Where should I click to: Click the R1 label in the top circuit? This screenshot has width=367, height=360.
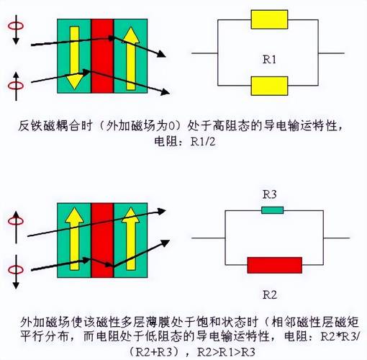point(269,59)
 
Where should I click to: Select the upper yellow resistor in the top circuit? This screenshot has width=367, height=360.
point(269,19)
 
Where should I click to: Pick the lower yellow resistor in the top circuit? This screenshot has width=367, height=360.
point(269,86)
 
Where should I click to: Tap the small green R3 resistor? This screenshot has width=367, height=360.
point(273,210)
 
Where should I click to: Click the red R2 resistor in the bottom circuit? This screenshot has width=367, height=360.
point(275,265)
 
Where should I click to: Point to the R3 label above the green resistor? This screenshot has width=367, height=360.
point(270,194)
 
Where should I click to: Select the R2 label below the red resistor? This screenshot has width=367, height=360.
point(270,294)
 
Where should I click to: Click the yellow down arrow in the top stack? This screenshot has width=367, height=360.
point(74,58)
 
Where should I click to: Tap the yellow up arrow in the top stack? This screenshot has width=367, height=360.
point(131,58)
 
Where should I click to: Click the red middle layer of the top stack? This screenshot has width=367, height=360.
point(102,56)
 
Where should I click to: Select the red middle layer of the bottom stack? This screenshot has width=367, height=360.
point(102,240)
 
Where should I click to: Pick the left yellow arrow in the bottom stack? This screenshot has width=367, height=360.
point(74,239)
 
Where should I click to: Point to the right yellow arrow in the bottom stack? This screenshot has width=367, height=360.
point(131,239)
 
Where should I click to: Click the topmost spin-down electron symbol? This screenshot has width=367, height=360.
point(16,30)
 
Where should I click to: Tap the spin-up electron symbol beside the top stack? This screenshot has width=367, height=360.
point(16,86)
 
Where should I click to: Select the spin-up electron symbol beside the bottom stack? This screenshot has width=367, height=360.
point(16,227)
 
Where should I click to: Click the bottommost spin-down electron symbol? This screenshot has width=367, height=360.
point(16,272)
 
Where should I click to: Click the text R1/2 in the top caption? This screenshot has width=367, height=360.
point(203,142)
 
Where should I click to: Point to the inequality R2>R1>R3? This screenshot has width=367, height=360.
point(226,352)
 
